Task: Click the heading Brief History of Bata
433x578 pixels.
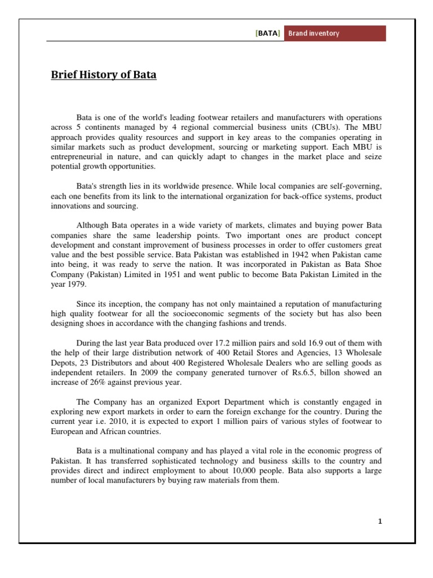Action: [104, 75]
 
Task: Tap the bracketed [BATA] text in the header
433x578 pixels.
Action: [267, 33]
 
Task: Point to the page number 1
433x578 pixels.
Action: [380, 521]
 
